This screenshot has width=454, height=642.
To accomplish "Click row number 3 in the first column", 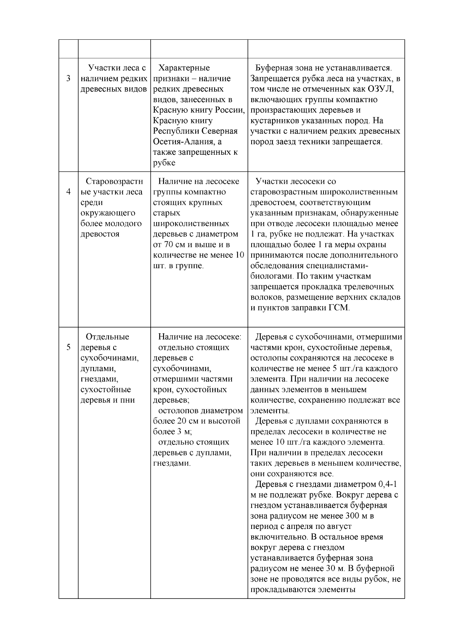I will point(68,79).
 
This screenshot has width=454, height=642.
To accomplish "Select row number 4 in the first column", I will point(68,192).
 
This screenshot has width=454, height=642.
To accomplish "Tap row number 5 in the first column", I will point(68,347).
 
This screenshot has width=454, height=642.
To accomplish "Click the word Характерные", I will point(184,68).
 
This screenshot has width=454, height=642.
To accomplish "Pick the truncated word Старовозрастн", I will point(114,181).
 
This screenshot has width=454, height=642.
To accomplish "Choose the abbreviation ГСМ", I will point(338,308).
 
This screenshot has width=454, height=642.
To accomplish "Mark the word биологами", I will point(272,276).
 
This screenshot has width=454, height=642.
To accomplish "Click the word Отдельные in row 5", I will point(107,337).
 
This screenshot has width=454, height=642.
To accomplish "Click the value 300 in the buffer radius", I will point(353,516).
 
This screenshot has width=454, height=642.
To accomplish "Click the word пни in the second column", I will point(129,400).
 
